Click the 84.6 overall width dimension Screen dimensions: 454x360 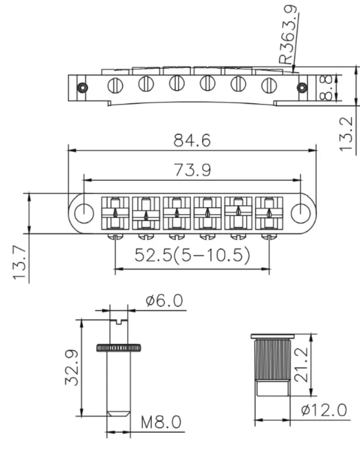point(192,141)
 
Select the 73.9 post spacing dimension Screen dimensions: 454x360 point(192,170)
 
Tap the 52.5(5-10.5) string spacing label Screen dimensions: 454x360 point(192,255)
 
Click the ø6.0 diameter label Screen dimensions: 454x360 point(166,300)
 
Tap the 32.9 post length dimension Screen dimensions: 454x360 point(72,367)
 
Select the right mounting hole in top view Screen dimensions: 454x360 point(299,213)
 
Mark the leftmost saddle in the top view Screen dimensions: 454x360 point(115,213)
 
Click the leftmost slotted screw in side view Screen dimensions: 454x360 point(115,85)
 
